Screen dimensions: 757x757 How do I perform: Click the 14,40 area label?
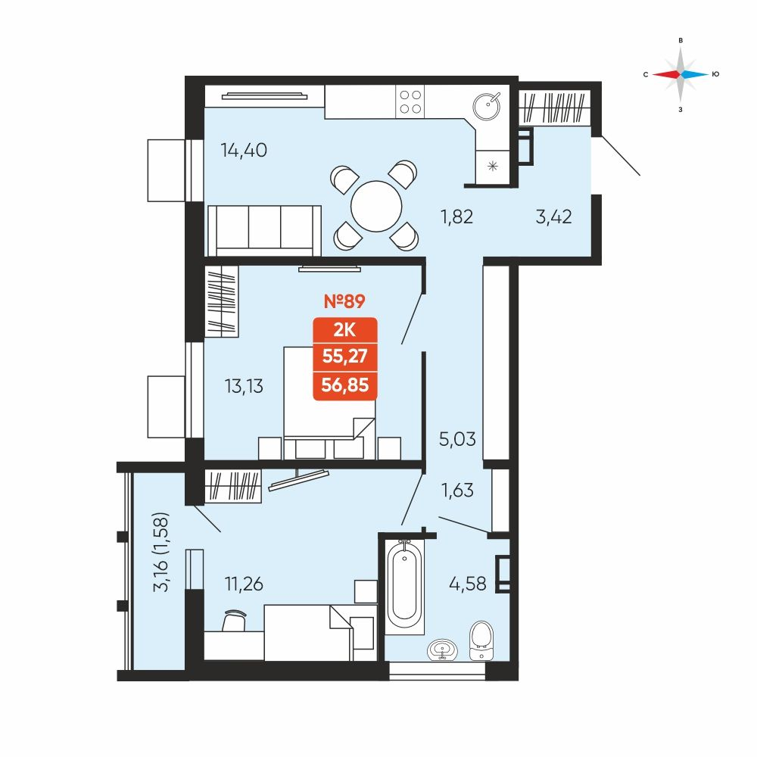[x=244, y=150]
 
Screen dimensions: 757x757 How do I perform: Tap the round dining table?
[x=376, y=206]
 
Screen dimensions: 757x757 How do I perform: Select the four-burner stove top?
[x=410, y=102]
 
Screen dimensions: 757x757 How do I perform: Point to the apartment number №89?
[x=344, y=301]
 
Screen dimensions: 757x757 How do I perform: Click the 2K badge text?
[x=344, y=330]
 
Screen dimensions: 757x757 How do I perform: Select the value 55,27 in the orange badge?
[x=344, y=357]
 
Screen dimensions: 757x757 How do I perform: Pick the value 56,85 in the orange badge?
[x=344, y=385]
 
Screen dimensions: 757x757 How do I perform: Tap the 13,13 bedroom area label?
[x=244, y=386]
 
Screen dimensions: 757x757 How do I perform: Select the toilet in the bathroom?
[x=481, y=640]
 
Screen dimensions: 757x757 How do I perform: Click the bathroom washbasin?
[x=442, y=650]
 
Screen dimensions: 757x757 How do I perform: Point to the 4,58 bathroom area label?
[x=467, y=584]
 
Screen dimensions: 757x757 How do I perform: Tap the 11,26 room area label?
[x=244, y=584]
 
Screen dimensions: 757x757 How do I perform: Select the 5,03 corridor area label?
[x=457, y=439]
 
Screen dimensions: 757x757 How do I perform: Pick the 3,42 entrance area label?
[x=554, y=217]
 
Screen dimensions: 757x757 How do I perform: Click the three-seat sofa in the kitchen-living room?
[x=264, y=230]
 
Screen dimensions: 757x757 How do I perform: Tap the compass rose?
[x=681, y=74]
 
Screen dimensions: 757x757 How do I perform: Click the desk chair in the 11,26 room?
[x=234, y=620]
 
